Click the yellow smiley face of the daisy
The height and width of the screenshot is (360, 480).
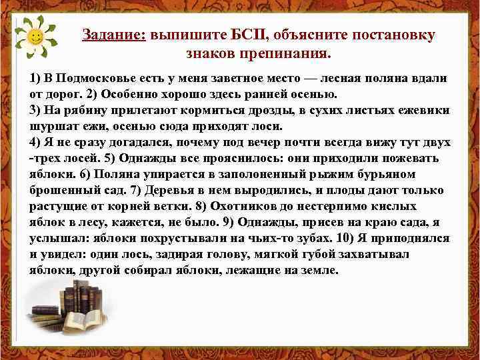point(37,35)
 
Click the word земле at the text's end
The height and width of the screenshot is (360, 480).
point(318,271)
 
